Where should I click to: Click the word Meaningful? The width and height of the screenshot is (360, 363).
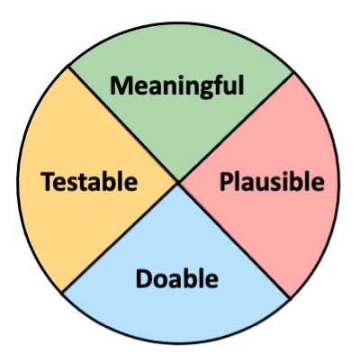coord(177,86)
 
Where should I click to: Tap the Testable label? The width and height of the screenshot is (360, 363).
coord(89,182)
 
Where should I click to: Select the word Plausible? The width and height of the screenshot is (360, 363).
coord(272,182)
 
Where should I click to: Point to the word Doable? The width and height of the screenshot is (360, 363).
coord(177,278)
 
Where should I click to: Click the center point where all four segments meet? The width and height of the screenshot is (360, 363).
coord(178,182)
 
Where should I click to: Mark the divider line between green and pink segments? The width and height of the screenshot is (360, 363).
coord(236,127)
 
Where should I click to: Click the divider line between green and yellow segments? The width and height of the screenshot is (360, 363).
coord(123,124)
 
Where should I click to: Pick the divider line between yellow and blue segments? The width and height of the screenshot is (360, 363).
coord(120,237)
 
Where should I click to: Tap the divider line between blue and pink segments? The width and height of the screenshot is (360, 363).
coord(234,240)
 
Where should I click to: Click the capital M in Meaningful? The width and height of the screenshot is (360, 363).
coord(121,86)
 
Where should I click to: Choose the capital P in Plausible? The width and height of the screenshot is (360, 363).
coord(227,182)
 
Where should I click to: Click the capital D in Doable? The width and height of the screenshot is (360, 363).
coord(145,278)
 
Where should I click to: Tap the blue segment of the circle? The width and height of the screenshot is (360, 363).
coord(177,313)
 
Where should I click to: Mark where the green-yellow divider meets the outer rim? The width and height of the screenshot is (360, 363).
coord(68,67)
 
